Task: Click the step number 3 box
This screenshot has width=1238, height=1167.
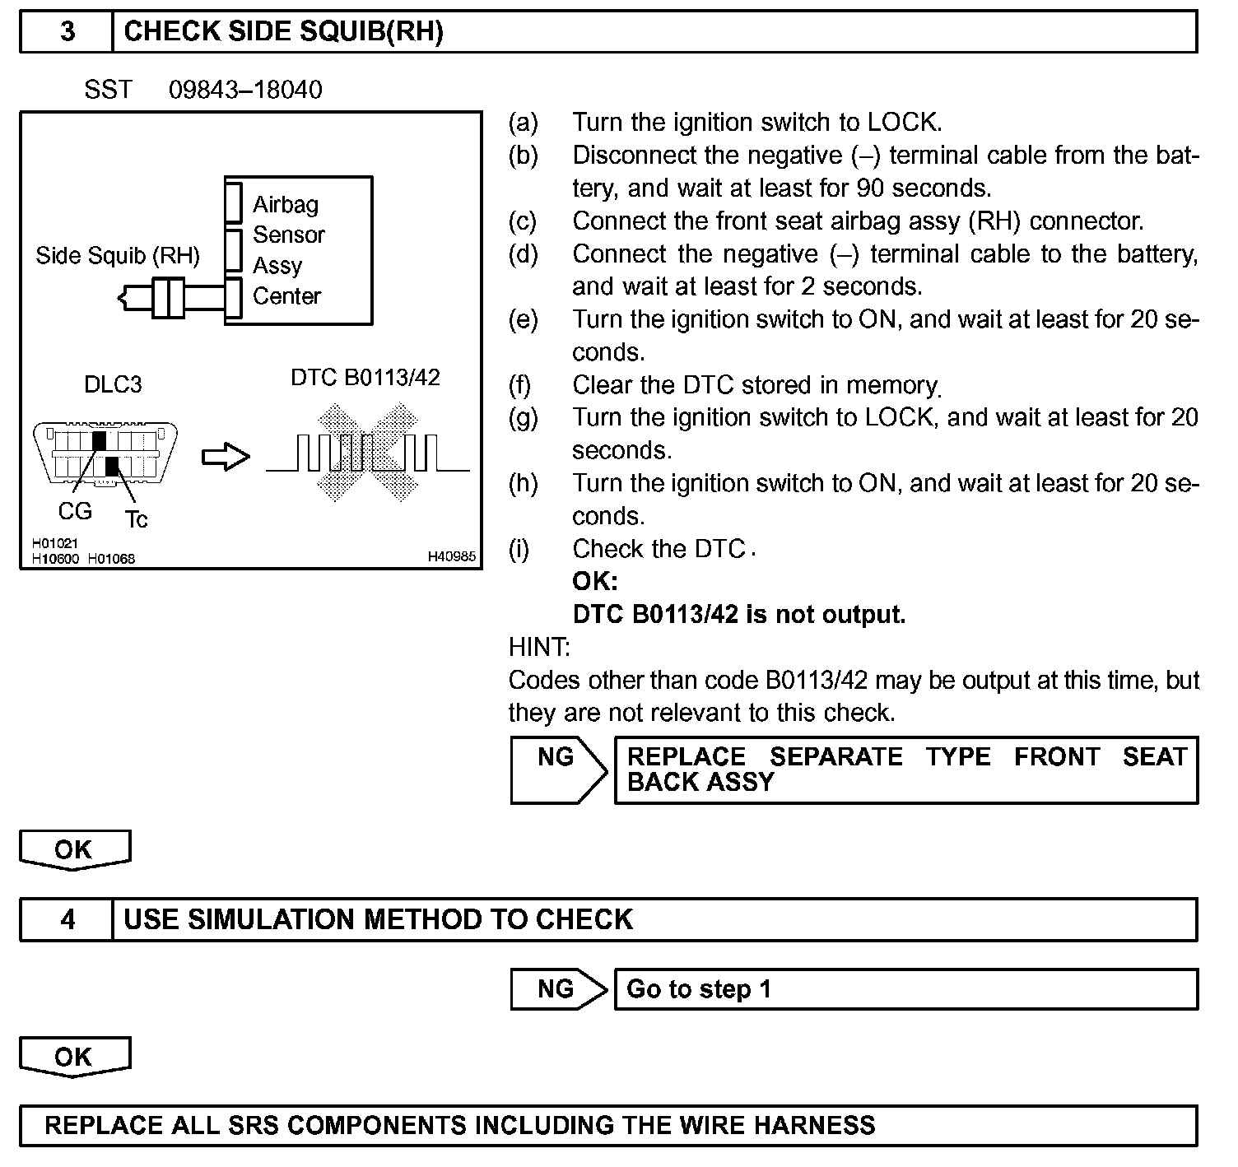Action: coord(67,32)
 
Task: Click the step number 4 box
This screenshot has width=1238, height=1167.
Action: coord(67,919)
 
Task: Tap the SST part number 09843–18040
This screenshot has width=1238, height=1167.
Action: coord(245,90)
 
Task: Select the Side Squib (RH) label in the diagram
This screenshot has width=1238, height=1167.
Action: coord(118,256)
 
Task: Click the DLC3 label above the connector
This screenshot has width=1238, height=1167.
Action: coord(113,384)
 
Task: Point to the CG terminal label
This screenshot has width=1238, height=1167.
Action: coord(75,511)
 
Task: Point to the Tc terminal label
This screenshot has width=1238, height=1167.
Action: coord(136,519)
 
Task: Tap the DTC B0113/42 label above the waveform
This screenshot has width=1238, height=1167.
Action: coord(365,378)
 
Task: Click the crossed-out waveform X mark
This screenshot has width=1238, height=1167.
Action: coord(368,452)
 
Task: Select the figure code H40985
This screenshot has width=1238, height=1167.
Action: coord(451,557)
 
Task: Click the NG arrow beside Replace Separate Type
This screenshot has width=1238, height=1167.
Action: coord(558,769)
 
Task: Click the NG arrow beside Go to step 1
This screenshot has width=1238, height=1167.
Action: coord(558,988)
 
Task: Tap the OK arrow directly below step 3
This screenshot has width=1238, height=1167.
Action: coord(74,849)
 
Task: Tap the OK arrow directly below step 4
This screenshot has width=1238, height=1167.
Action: coord(74,1057)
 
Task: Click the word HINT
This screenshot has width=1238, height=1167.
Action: coord(539,648)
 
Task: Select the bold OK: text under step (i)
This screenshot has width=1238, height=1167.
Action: coord(594,582)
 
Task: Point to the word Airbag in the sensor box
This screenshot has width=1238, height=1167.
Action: coord(286,204)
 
